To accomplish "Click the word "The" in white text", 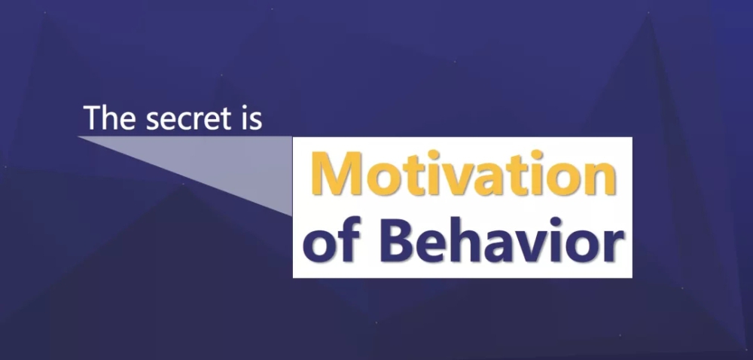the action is pos(109,117).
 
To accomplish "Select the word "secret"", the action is pos(189,120).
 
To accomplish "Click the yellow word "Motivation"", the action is pos(464,173).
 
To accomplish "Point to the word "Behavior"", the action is pos(501,239).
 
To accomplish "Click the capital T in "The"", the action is pos(93,117).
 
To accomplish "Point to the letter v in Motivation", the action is pos(457,178).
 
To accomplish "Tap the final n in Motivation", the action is pos(601,178).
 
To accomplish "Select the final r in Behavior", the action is pos(614,246).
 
